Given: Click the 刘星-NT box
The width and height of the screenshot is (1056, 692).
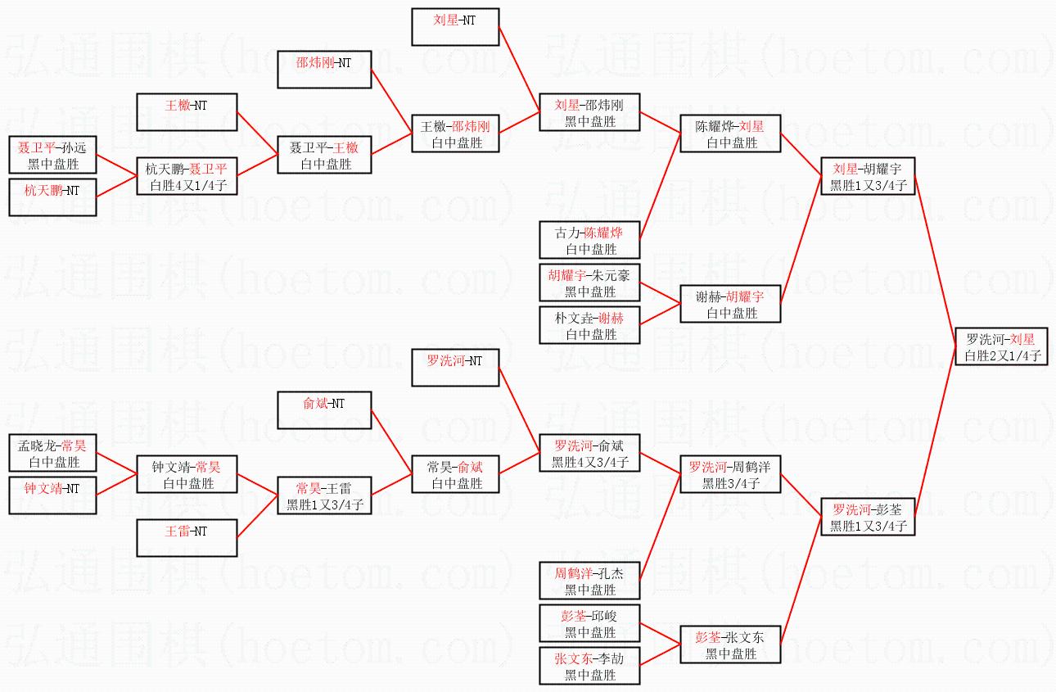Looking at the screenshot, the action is [455, 25].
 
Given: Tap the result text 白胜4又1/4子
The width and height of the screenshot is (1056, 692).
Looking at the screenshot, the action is [187, 185].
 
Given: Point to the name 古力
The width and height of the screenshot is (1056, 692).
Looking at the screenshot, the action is [567, 233].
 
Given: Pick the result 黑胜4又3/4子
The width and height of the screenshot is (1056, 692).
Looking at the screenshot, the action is [589, 463].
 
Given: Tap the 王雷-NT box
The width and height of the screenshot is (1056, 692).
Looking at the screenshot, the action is [187, 538].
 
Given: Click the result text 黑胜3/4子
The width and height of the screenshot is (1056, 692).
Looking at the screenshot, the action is [731, 484].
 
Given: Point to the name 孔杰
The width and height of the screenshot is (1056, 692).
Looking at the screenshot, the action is [611, 574].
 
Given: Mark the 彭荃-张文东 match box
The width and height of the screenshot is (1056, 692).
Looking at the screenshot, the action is [730, 645].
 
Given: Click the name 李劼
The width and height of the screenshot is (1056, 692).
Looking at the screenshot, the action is [611, 659].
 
